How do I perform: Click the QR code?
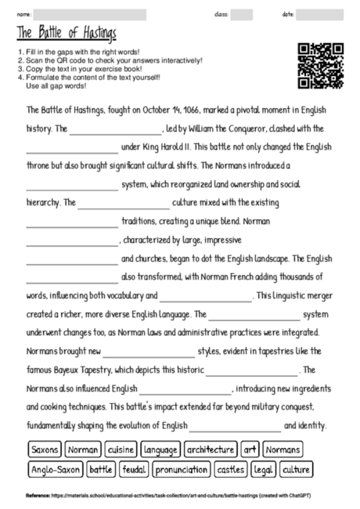pyautogui.click(x=322, y=65)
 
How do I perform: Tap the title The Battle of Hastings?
pyautogui.click(x=66, y=33)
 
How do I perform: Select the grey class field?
pyautogui.click(x=241, y=14)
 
